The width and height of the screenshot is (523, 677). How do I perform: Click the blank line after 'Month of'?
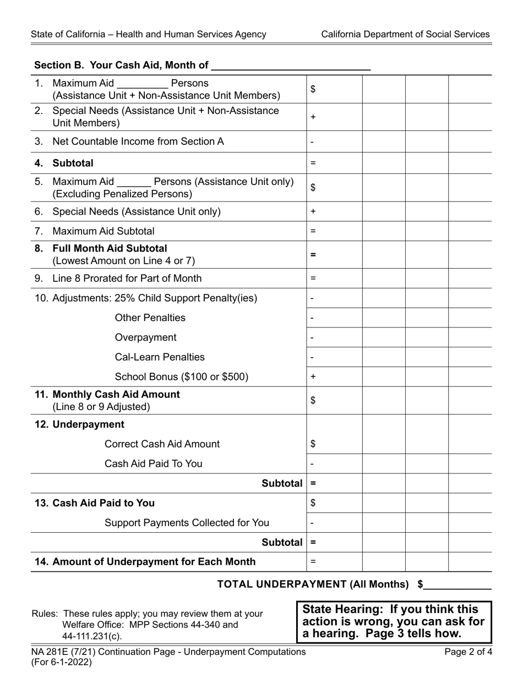point(291,66)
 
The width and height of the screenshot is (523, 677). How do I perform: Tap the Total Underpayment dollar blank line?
point(457,585)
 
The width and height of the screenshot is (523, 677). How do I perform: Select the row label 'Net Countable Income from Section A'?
point(138,141)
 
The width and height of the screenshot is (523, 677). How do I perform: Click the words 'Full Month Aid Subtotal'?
point(110,248)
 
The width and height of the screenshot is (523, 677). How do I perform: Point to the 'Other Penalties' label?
point(150,318)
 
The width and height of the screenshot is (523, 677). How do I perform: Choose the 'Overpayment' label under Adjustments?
point(146,337)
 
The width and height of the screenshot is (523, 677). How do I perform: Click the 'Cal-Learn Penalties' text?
point(160,357)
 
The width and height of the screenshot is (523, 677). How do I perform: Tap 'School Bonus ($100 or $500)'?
point(182,377)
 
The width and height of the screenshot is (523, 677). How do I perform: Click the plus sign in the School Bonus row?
point(313,377)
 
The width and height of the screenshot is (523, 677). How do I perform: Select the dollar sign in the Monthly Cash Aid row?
point(313,401)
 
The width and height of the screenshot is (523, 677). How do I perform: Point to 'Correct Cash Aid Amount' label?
point(162,444)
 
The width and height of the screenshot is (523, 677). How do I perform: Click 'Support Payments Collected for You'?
point(187,523)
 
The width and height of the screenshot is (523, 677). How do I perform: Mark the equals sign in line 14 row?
point(313,562)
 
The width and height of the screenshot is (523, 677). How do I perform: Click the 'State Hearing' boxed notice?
point(394,621)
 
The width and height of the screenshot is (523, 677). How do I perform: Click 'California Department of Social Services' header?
point(405,34)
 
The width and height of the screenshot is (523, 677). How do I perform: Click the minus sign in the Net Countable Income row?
point(312,142)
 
